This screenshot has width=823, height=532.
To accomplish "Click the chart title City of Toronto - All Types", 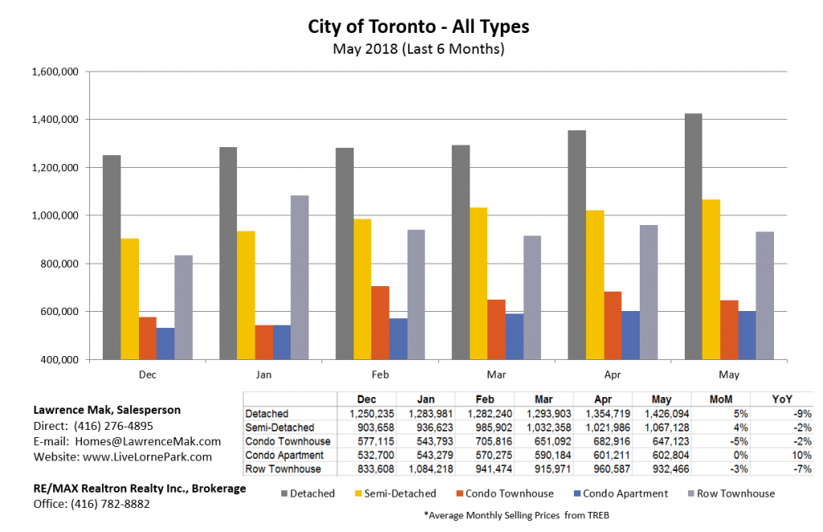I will coord(418,26).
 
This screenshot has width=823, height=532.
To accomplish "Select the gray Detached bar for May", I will coord(693,236).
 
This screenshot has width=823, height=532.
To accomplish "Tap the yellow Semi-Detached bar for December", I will coord(129,299).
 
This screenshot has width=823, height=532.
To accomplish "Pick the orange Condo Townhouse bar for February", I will coord(380,322).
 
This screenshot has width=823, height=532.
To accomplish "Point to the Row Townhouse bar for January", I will coord(300,277).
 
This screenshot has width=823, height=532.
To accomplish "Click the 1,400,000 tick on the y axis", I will coord(55,120).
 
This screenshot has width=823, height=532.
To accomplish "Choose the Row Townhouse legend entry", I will coord(735,493).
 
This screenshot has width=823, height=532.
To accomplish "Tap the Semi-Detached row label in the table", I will coord(280,428).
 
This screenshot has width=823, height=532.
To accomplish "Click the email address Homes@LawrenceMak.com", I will coord(150,441).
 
